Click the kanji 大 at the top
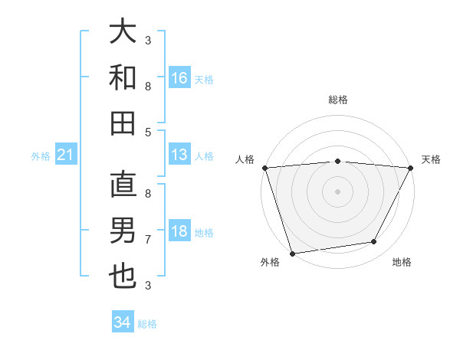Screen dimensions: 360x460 (123, 31)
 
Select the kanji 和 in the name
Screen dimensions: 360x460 (123, 77)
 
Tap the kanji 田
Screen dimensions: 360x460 (123, 123)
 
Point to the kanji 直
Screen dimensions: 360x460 (123, 185)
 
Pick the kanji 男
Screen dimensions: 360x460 (123, 231)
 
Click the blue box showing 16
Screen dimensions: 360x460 (179, 77)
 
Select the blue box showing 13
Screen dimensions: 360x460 (179, 155)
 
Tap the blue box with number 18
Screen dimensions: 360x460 (179, 232)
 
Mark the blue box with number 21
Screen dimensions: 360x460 (66, 155)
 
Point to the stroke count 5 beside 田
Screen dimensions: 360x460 (148, 132)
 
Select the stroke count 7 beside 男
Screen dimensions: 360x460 (148, 240)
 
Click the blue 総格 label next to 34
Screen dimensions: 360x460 (147, 324)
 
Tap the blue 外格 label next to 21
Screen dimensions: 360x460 (41, 156)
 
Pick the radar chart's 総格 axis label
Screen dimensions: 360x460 (337, 100)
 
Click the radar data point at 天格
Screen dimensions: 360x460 (411, 168)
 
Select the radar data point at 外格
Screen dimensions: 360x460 (292, 253)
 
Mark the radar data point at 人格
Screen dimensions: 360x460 (264, 168)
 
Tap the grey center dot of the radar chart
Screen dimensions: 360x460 (337, 191)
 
